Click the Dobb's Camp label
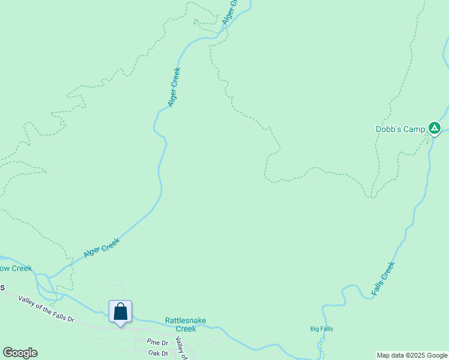click(x=400, y=129)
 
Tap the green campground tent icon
click(x=435, y=128)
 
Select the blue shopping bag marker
click(x=120, y=312)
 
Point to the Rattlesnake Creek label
click(x=185, y=325)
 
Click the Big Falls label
click(x=322, y=329)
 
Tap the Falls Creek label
click(x=383, y=278)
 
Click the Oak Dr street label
click(x=158, y=353)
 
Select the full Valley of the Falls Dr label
click(x=46, y=310)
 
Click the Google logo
click(x=20, y=353)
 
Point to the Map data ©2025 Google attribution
click(x=412, y=355)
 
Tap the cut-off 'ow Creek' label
click(x=16, y=268)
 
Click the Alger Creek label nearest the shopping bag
click(x=102, y=248)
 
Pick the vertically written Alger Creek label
click(x=174, y=87)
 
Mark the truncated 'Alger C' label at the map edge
click(x=230, y=12)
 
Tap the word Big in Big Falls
click(x=315, y=329)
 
